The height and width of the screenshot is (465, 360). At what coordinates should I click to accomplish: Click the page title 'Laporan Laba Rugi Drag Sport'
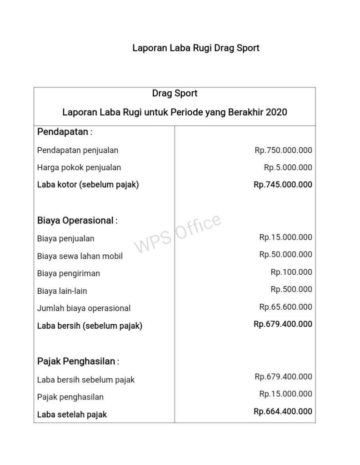point(195,48)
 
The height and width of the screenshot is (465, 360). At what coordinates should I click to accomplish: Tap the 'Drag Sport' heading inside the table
point(175,94)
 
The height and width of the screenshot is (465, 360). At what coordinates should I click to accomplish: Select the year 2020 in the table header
point(276,112)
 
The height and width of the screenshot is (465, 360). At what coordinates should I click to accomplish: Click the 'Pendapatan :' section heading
point(65,132)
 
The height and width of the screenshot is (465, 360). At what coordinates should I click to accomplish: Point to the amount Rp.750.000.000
point(283,150)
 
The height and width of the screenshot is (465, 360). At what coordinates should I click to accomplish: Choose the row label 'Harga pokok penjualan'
point(79,168)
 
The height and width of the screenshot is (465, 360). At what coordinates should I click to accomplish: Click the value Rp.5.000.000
point(288,168)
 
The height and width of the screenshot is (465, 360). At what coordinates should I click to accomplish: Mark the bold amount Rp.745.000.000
point(283,185)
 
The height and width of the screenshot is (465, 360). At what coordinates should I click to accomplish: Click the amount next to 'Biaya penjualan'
point(285,237)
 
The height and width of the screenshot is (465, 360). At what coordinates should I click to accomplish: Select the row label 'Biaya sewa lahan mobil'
point(80,256)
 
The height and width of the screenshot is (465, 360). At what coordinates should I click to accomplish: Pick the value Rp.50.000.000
point(285,254)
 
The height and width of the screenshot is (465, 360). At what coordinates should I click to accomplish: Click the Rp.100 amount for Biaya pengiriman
point(291,272)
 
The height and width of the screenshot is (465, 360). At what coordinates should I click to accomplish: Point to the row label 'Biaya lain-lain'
point(62,291)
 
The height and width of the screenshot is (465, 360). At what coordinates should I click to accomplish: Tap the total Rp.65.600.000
point(285,307)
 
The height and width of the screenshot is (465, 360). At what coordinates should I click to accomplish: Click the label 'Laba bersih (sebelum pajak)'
point(90,326)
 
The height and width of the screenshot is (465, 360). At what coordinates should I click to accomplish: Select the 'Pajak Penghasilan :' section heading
point(78,362)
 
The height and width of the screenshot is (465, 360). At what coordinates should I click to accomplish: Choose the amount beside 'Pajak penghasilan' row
point(285,394)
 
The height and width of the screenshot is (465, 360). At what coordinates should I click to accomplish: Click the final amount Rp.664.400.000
point(283,411)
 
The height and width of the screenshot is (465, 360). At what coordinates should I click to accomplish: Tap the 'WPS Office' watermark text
point(178,233)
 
